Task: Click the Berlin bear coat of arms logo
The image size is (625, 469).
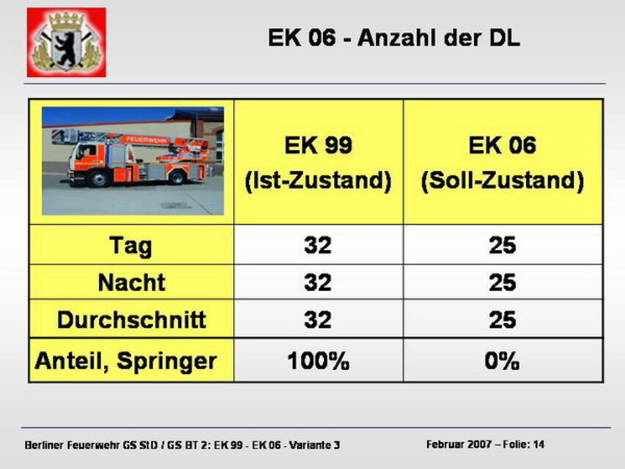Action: click(x=67, y=43)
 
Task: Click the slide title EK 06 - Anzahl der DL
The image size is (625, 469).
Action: click(x=393, y=38)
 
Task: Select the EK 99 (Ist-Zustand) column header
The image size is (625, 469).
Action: click(x=318, y=163)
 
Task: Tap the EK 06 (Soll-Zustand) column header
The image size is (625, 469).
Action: click(x=502, y=163)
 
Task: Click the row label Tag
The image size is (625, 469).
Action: click(x=130, y=245)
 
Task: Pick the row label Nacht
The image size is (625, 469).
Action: click(x=132, y=282)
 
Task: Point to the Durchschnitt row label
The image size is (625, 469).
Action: click(x=132, y=320)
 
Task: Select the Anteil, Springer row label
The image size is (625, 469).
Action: click(x=126, y=361)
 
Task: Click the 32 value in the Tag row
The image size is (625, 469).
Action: click(x=318, y=245)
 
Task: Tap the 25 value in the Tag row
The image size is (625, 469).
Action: click(x=502, y=245)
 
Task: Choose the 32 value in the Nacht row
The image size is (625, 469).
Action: click(x=318, y=282)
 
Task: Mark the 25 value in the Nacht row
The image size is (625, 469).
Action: click(x=502, y=282)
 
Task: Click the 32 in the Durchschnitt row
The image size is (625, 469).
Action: click(x=318, y=320)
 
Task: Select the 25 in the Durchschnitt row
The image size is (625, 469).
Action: click(x=502, y=320)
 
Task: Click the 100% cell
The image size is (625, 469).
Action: click(x=318, y=361)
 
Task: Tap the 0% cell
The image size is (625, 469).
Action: click(x=502, y=361)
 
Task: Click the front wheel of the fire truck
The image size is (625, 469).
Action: click(x=98, y=178)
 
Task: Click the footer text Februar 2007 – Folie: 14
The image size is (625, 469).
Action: click(x=485, y=444)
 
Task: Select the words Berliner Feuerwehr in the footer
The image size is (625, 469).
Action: click(x=72, y=445)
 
